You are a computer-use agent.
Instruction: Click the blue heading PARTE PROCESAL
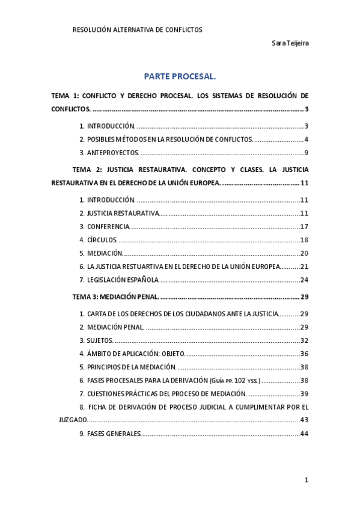[179, 77]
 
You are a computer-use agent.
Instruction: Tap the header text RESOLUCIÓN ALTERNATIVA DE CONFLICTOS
[137, 29]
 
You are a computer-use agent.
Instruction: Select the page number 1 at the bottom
[306, 479]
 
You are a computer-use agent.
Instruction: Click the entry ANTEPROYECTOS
[112, 153]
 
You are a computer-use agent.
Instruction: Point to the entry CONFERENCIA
[108, 227]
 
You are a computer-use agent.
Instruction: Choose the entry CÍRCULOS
[102, 240]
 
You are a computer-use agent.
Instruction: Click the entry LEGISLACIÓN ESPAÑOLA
[123, 280]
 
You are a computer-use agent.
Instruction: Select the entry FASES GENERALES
[114, 434]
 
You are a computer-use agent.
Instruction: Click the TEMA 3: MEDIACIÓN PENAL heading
[115, 296]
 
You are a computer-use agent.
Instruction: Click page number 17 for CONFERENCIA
[304, 227]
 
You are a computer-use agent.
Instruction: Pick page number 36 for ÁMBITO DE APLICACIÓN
[304, 354]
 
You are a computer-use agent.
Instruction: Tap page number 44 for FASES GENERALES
[304, 434]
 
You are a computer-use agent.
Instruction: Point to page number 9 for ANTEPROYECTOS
[306, 153]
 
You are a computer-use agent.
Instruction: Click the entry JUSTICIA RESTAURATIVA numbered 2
[123, 214]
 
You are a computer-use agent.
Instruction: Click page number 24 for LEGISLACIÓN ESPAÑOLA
[304, 280]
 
